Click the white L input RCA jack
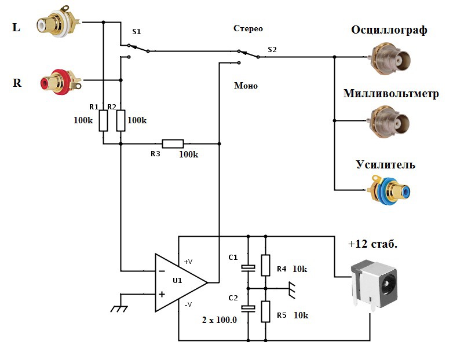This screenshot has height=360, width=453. [x=55, y=24]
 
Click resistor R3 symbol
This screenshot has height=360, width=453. [x=173, y=144]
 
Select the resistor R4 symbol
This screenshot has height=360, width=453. [x=265, y=265]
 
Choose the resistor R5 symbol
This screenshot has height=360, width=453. [x=265, y=311]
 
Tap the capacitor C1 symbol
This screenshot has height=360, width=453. [x=248, y=267]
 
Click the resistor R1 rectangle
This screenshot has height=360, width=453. [x=103, y=121]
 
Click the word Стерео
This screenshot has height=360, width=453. [x=249, y=28]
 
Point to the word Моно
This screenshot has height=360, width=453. [x=246, y=86]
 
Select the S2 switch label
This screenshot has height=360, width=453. [x=272, y=50]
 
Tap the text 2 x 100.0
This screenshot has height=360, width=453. [x=220, y=319]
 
